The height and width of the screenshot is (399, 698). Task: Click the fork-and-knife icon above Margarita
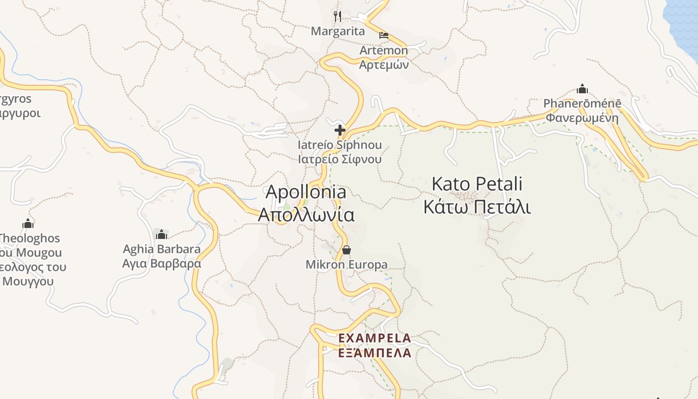click(x=338, y=16)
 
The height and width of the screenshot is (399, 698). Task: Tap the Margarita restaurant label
click(x=338, y=31)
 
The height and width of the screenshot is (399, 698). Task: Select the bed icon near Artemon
click(x=383, y=35)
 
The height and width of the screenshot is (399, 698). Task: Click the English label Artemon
click(x=384, y=50)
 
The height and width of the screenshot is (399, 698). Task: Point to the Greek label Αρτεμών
click(x=384, y=64)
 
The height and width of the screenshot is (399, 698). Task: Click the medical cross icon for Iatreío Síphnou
click(x=340, y=131)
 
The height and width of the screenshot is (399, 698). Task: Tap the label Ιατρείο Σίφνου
click(x=340, y=160)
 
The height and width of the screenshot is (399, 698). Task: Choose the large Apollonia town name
click(x=306, y=192)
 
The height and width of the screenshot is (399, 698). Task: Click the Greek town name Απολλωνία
click(x=306, y=215)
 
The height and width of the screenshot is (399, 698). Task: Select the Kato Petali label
click(x=477, y=184)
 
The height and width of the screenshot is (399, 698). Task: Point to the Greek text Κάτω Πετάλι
click(x=477, y=207)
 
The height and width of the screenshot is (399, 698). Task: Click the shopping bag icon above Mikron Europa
click(x=347, y=250)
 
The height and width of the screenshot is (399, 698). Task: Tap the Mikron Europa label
click(x=347, y=265)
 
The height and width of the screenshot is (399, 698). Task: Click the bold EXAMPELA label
click(x=374, y=339)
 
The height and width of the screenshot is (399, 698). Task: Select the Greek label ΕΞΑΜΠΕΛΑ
click(x=374, y=353)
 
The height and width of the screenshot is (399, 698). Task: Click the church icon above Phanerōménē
click(x=582, y=89)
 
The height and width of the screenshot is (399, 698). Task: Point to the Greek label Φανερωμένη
click(x=582, y=118)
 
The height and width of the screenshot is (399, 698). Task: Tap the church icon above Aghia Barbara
click(x=161, y=234)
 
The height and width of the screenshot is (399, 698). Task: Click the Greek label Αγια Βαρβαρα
click(x=162, y=263)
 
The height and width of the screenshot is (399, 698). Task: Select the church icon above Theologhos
click(x=28, y=223)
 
